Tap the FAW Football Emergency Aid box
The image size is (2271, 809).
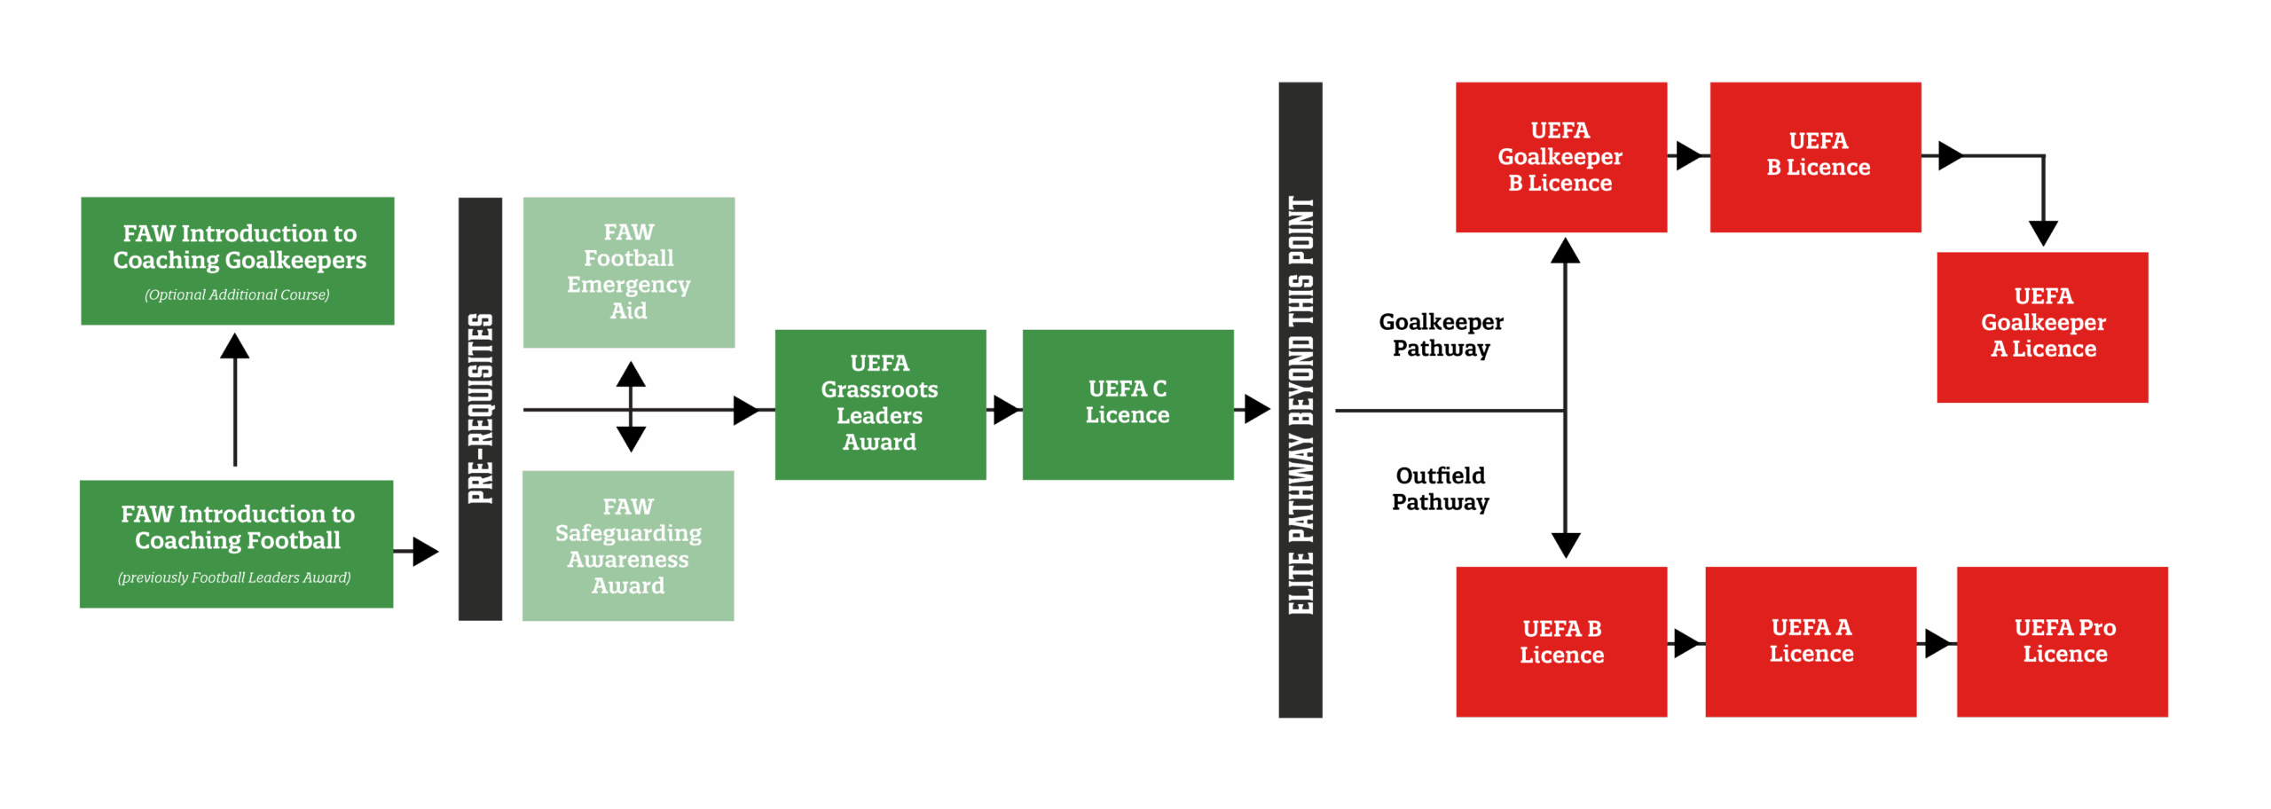click(628, 271)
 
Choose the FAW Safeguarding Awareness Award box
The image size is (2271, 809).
click(628, 546)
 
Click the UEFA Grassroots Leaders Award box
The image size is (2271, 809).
click(879, 404)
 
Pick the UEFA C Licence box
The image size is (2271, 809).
click(1127, 404)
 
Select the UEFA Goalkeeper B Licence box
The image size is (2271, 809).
click(1560, 157)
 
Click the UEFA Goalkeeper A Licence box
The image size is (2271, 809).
click(2042, 327)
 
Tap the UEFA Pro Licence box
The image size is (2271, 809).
click(2063, 641)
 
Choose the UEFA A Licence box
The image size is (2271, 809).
click(1811, 641)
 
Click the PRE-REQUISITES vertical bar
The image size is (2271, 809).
click(480, 409)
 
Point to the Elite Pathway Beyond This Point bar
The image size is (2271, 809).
click(1301, 400)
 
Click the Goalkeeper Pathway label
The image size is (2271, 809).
click(1441, 335)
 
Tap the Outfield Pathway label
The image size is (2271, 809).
click(1440, 489)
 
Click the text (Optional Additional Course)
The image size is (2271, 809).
click(237, 295)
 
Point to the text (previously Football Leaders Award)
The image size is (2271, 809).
click(234, 577)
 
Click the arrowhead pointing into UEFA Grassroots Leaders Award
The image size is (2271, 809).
click(746, 410)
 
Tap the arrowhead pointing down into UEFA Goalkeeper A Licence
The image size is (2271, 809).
click(2043, 233)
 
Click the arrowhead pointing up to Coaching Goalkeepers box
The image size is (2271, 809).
click(234, 347)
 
